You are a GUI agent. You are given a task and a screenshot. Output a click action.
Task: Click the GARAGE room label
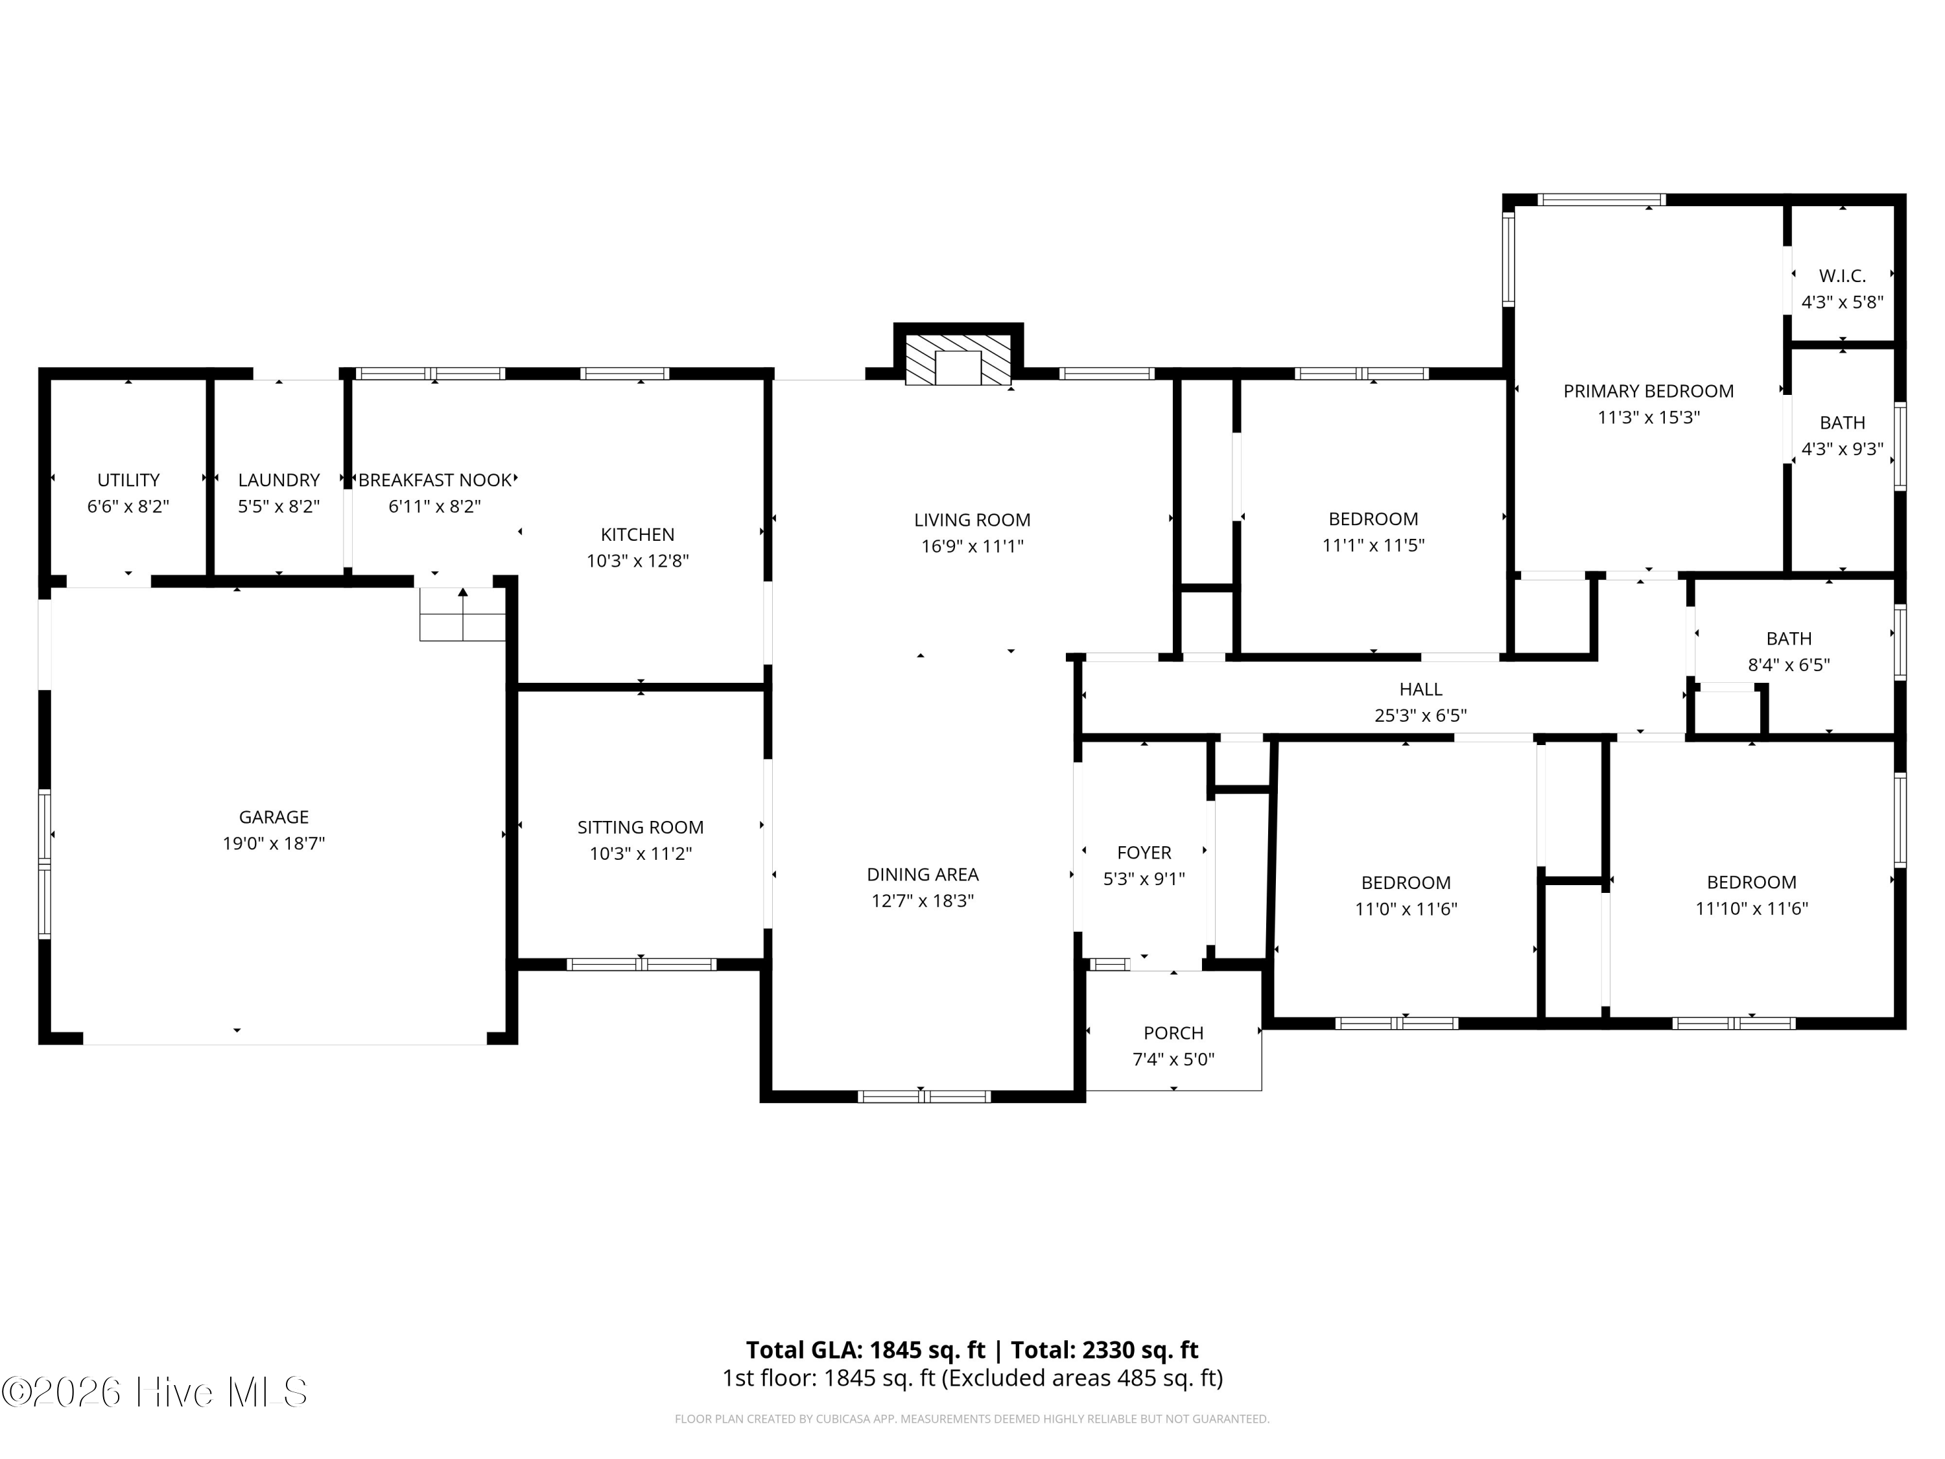pyautogui.click(x=274, y=817)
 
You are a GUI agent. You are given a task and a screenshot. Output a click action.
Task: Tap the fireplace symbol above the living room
pyautogui.click(x=958, y=359)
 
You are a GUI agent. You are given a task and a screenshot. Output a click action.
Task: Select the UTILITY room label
pyautogui.click(x=128, y=480)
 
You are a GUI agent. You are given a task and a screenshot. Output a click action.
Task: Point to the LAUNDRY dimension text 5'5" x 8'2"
pyautogui.click(x=279, y=506)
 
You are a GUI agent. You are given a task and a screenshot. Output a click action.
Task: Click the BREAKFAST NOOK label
pyautogui.click(x=435, y=480)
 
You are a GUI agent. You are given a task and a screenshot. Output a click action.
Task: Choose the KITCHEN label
pyautogui.click(x=637, y=535)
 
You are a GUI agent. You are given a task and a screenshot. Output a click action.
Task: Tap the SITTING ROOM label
pyautogui.click(x=640, y=827)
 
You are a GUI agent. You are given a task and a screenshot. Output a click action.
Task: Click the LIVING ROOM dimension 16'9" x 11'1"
pyautogui.click(x=972, y=546)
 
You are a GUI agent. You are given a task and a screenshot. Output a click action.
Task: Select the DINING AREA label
pyautogui.click(x=923, y=874)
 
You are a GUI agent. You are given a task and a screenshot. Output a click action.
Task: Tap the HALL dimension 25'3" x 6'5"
pyautogui.click(x=1421, y=716)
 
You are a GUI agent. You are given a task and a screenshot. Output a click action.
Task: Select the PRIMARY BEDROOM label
pyautogui.click(x=1649, y=392)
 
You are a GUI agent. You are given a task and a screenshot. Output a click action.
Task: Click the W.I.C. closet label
pyautogui.click(x=1842, y=276)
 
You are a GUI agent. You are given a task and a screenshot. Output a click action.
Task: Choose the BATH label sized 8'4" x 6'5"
pyautogui.click(x=1789, y=639)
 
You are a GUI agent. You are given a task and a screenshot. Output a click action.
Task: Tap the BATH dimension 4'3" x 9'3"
pyautogui.click(x=1842, y=449)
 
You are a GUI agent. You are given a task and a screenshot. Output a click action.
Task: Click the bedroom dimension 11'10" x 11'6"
pyautogui.click(x=1752, y=908)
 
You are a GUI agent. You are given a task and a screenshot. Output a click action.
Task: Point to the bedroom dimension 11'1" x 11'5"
pyautogui.click(x=1373, y=545)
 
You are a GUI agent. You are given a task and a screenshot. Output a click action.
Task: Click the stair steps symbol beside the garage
pyautogui.click(x=462, y=614)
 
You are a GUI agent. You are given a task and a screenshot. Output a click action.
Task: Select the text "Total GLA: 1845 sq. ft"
pyautogui.click(x=866, y=1350)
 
